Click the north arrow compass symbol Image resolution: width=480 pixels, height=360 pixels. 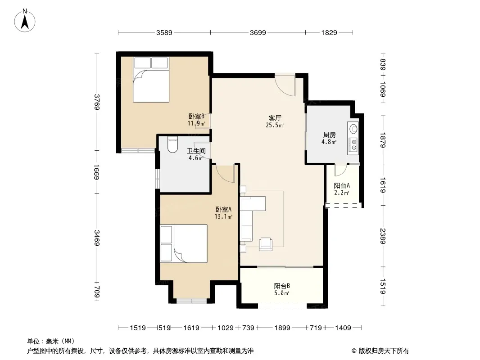point(25,20)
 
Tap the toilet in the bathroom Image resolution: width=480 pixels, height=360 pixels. point(172,145)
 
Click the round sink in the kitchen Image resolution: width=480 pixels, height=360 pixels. point(353,129)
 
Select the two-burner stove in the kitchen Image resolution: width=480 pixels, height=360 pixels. point(353,144)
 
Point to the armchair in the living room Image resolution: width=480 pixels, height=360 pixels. point(265,244)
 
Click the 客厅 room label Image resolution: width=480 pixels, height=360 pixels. point(275,118)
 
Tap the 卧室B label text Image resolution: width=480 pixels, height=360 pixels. point(196,116)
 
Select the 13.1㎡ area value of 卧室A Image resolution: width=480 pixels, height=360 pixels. point(223,216)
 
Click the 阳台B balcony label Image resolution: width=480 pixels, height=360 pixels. point(281,286)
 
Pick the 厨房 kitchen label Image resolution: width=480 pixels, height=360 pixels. point(330,135)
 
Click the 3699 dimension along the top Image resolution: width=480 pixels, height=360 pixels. point(258,33)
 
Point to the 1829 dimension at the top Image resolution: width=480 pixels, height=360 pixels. point(329,33)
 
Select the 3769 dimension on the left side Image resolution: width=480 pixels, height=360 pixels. point(97,102)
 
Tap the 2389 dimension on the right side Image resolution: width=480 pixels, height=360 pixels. point(383,236)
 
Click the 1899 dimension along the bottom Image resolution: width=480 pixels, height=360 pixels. point(282,328)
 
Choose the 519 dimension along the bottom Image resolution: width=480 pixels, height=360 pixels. point(164,328)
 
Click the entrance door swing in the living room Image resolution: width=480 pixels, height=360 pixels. point(285,85)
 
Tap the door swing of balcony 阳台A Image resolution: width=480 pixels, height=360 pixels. point(340,170)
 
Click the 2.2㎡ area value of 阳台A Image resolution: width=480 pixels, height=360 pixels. point(342,193)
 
